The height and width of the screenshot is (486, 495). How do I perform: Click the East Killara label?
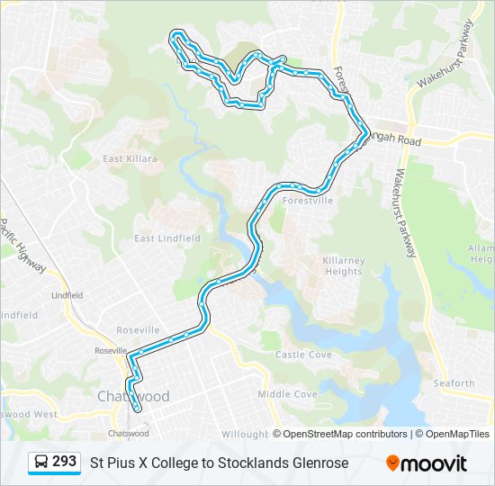(x=130, y=158)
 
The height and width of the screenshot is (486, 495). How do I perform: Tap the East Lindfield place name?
(x=167, y=238)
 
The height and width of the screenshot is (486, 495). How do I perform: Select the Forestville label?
(x=308, y=201)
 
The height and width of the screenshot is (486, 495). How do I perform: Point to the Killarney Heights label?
(x=343, y=265)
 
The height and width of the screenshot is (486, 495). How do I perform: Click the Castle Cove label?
(x=303, y=355)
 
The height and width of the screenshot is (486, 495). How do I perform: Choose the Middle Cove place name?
(x=287, y=394)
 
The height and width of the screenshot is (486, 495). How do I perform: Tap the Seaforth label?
(x=454, y=383)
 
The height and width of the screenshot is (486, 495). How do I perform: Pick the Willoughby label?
(x=245, y=434)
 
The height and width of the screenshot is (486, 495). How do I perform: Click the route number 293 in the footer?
(x=64, y=462)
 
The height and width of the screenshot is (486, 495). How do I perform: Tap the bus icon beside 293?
(x=41, y=463)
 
